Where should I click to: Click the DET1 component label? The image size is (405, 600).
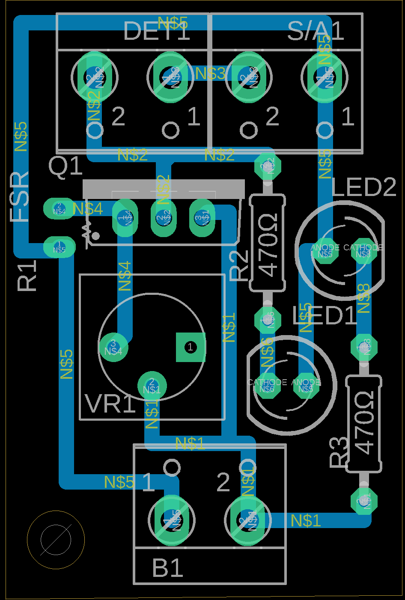[x=156, y=31]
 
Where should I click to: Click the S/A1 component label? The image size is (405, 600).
[x=316, y=31]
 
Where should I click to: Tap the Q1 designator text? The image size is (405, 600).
[x=65, y=166]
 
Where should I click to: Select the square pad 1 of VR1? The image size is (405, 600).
[x=191, y=347]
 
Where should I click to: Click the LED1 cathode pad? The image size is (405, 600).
[x=267, y=386]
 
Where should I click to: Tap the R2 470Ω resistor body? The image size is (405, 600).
[x=268, y=243]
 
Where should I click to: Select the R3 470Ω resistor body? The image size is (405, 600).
[x=363, y=424]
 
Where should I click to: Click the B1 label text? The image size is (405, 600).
[x=168, y=568]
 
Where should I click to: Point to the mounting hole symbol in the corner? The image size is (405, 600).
[x=56, y=540]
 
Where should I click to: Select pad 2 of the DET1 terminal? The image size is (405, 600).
[x=94, y=77]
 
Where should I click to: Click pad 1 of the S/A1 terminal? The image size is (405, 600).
[x=325, y=77]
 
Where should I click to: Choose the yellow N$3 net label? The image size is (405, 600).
[x=210, y=74]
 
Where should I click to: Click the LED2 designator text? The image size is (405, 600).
[x=364, y=187]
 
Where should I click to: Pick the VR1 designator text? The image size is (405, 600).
[x=110, y=404]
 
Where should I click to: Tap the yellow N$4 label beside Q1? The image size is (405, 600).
[x=88, y=209]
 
